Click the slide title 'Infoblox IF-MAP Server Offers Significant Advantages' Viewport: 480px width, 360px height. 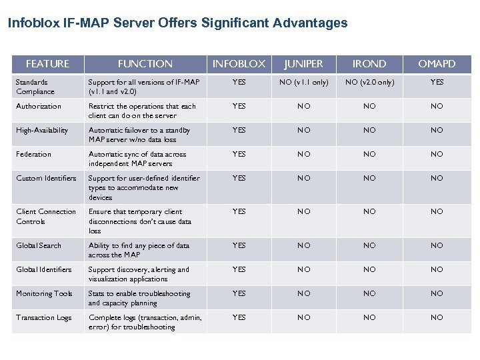177,23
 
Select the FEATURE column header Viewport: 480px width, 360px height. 47,64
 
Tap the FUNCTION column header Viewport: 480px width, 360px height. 145,64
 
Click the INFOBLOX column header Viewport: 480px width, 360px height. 239,64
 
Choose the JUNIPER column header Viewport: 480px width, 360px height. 303,64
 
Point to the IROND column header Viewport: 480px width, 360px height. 369,64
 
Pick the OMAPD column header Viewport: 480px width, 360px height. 437,64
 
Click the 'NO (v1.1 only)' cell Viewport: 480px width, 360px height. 303,83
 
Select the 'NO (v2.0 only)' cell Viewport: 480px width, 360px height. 369,83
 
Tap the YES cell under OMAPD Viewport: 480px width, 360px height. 437,83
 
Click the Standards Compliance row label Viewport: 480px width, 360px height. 35,87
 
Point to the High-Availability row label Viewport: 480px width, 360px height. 42,131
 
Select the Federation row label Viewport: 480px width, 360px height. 33,155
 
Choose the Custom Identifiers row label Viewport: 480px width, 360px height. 46,179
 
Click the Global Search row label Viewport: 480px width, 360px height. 39,246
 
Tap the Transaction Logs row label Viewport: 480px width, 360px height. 44,318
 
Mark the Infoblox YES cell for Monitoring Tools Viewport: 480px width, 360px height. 239,294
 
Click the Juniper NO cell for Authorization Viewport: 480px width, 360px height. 303,107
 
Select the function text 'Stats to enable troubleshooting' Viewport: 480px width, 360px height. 139,294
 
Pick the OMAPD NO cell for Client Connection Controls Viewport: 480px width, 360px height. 437,212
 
